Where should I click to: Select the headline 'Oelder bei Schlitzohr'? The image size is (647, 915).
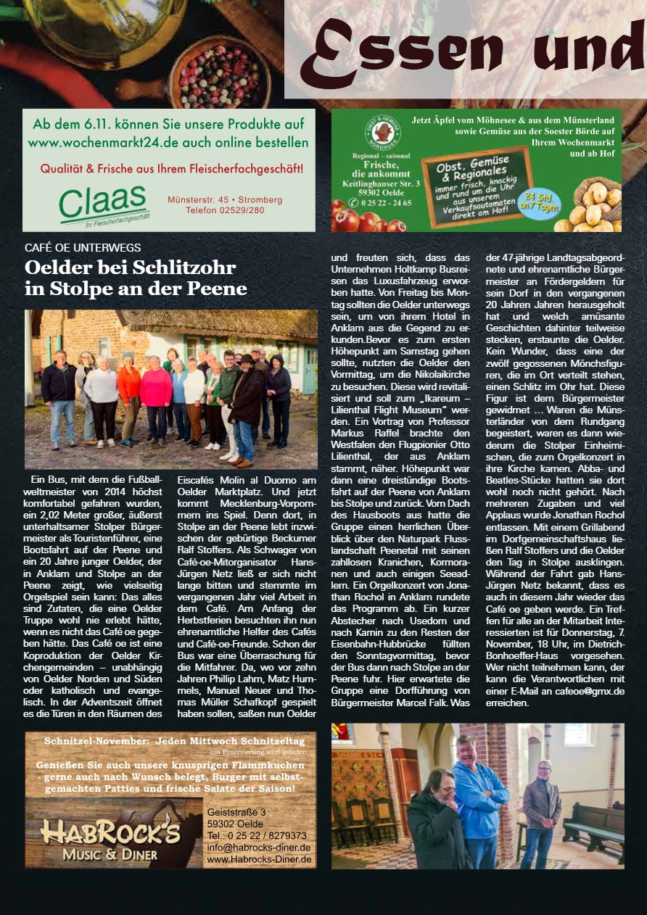point(131,268)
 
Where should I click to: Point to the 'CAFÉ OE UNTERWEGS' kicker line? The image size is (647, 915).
point(83,247)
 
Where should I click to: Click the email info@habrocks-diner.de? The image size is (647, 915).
point(259,847)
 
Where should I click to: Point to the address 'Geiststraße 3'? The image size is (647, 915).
point(236,811)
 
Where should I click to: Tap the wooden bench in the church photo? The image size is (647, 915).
point(593,827)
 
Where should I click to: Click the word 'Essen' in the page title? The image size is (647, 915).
point(403,54)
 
